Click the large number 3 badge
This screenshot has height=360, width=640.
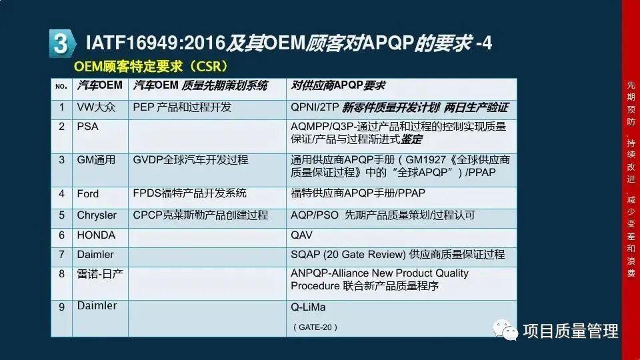60,43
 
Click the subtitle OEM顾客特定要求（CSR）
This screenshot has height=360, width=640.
151,67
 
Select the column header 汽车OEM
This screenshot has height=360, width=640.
100,86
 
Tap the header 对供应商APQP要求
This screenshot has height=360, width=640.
338,86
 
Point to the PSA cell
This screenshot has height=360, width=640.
87,126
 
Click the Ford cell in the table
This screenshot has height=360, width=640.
87,194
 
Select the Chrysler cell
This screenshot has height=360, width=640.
97,215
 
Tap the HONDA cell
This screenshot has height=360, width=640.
96,235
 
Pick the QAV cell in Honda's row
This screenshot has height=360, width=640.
301,235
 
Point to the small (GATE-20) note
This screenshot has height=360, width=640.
315,327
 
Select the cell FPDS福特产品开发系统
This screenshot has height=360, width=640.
190,193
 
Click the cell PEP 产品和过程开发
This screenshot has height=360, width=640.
182,107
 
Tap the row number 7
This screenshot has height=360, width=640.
61,255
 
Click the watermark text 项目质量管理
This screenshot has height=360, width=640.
571,330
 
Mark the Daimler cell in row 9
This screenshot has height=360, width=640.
97,306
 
